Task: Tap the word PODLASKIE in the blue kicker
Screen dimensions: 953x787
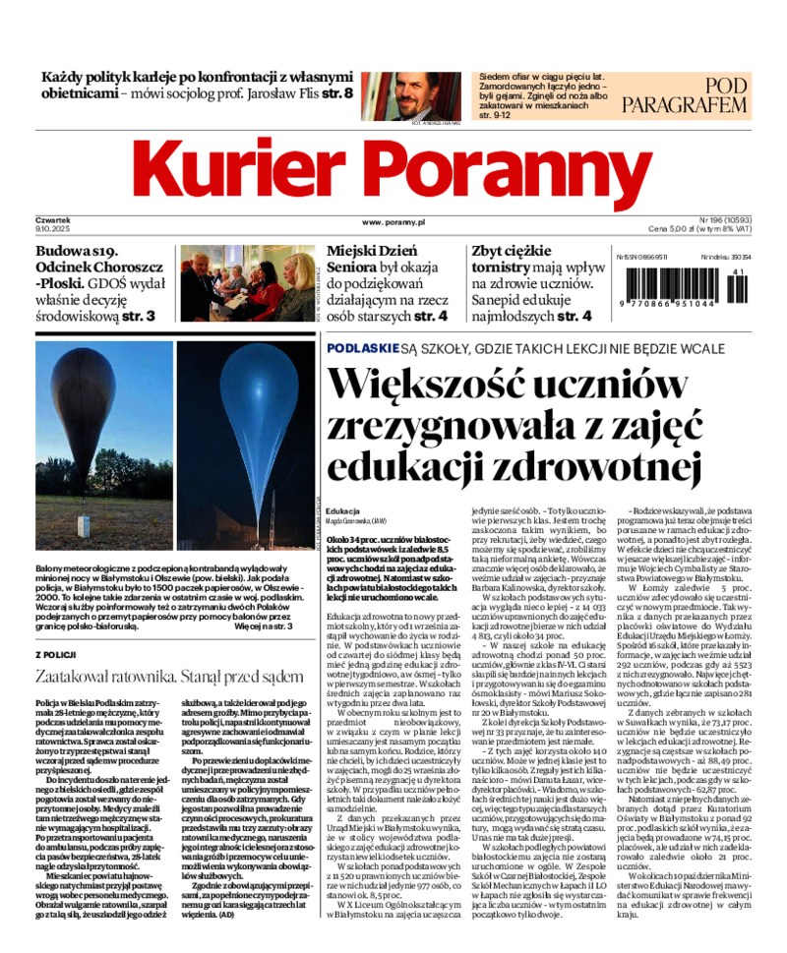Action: tap(362, 349)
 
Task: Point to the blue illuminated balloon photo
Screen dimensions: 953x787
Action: tap(244, 430)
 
